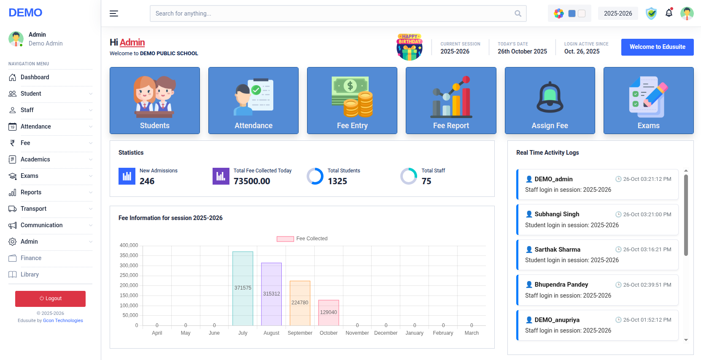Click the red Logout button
[x=50, y=298]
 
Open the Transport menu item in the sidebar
[x=34, y=209]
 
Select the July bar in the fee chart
[x=243, y=288]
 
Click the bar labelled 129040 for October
[x=329, y=312]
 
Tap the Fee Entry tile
[x=352, y=101]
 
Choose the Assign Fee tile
[x=550, y=101]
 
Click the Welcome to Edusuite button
[x=657, y=47]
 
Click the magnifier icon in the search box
[x=518, y=13]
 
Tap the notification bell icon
[x=669, y=13]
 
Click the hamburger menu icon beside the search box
[x=114, y=13]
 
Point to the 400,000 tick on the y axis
[x=129, y=245]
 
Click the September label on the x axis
[x=300, y=333]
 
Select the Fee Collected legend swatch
[x=285, y=239]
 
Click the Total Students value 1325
[x=337, y=181]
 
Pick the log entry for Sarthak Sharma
[x=597, y=255]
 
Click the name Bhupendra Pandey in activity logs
[x=561, y=285]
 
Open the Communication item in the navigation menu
[x=41, y=225]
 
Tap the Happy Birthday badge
[x=410, y=47]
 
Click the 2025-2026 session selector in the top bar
[x=618, y=13]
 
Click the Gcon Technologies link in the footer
[x=63, y=320]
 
